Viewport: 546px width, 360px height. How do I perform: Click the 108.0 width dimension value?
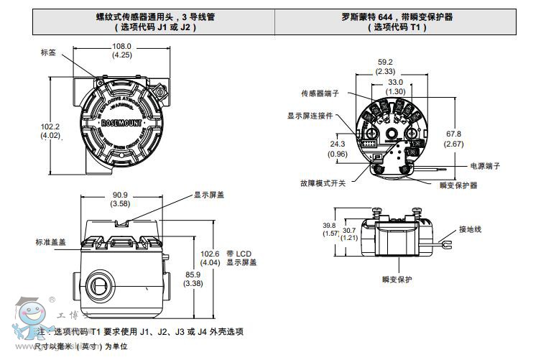coord(121,46)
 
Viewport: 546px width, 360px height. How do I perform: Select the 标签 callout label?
coord(48,52)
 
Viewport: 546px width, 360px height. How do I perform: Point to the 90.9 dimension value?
coord(120,195)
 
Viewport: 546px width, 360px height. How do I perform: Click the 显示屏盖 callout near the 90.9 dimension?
coord(209,194)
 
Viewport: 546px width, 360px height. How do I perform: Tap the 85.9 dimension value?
coord(193,274)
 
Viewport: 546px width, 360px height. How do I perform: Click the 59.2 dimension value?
coord(385,62)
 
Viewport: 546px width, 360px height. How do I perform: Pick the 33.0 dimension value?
coord(395,83)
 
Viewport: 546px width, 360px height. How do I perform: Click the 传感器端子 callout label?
coord(320,94)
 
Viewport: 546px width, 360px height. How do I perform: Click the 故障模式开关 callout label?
coord(323,183)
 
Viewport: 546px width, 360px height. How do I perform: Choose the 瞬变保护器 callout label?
coord(458,185)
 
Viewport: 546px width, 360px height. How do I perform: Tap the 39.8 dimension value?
coord(330,225)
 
